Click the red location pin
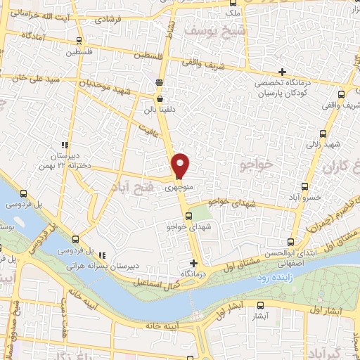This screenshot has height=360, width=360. pos(181,165)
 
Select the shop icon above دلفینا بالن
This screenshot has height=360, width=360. pos(160,100)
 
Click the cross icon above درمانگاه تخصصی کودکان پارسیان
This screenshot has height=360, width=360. pos(282,72)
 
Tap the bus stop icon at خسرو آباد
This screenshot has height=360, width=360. pos(304,186)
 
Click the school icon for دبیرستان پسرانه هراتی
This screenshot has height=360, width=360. pos(103,255)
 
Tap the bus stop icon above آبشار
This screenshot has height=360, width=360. pos(260,305)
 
